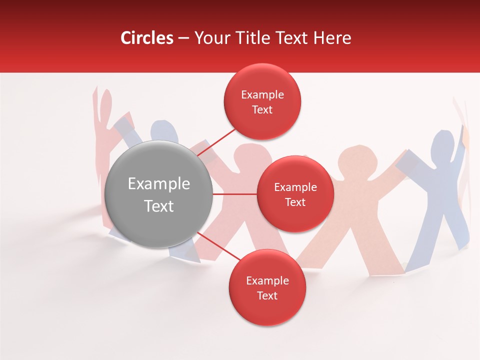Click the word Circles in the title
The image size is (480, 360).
point(146,38)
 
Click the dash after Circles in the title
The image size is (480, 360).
point(183,38)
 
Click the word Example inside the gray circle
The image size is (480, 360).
point(158,184)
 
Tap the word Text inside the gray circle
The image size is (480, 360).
point(158,206)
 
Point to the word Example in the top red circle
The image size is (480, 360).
point(262,95)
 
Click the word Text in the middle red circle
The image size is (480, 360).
point(295,202)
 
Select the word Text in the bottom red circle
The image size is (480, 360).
point(267,296)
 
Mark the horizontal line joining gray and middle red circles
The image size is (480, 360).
point(234,194)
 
